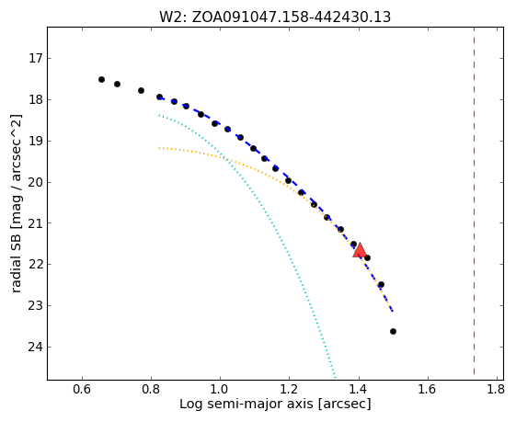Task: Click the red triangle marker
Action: (360, 250)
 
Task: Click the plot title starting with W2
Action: (275, 17)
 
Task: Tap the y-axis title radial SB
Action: (17, 203)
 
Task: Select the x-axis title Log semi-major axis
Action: (275, 404)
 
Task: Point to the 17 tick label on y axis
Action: (35, 59)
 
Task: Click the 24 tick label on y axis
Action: (35, 347)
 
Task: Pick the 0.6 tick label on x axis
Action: (82, 390)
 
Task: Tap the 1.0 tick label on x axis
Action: (220, 390)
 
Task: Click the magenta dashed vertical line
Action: (474, 201)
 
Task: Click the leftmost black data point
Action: (101, 80)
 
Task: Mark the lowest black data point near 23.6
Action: (393, 331)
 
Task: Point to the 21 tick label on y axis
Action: (35, 223)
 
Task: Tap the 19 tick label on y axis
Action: (35, 141)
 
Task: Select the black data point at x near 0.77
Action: (141, 90)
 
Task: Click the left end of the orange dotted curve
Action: (159, 148)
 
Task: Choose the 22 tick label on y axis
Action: (35, 265)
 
